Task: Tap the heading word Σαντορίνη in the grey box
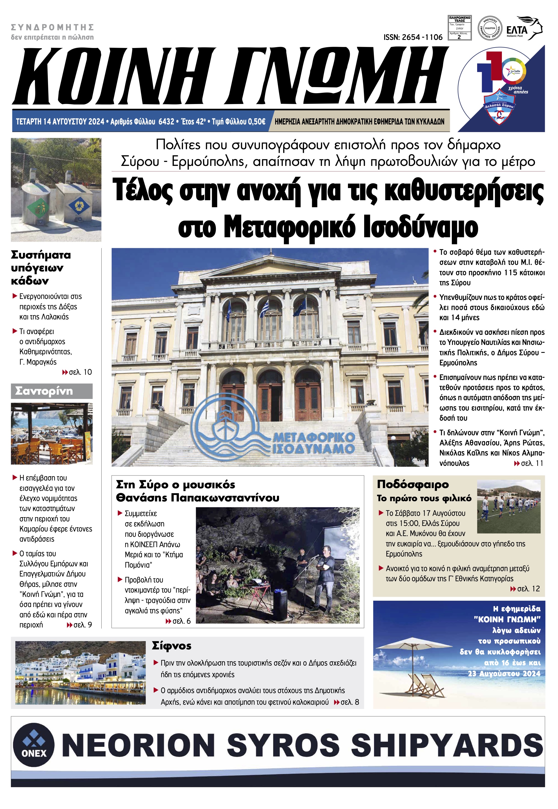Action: [x=44, y=391]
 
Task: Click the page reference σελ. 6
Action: [x=181, y=621]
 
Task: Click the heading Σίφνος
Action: [x=172, y=646]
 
